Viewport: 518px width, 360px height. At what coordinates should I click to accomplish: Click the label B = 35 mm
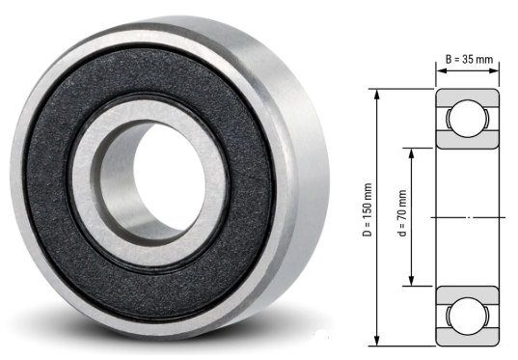[469, 60]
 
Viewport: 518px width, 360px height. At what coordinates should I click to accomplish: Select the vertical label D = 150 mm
[389, 217]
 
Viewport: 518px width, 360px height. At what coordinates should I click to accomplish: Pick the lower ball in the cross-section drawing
[468, 316]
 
